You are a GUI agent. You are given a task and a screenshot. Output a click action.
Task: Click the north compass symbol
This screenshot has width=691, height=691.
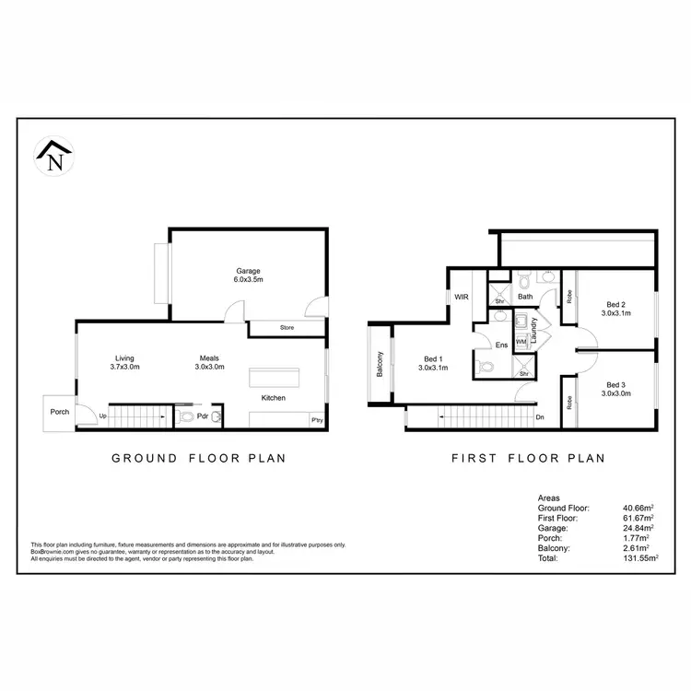pyautogui.click(x=54, y=158)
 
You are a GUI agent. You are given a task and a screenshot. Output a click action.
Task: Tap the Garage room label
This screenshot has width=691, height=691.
pyautogui.click(x=248, y=272)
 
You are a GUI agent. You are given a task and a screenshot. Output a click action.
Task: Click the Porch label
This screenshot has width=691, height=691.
pyautogui.click(x=60, y=411)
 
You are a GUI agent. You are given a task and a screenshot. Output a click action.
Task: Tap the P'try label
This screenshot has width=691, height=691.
pyautogui.click(x=316, y=421)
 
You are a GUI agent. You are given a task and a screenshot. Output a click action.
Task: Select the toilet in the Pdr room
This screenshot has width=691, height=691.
pyautogui.click(x=187, y=417)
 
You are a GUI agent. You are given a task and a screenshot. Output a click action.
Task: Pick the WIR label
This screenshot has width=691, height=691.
pyautogui.click(x=461, y=298)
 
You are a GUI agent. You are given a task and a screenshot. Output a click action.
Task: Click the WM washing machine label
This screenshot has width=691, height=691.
pyautogui.click(x=521, y=343)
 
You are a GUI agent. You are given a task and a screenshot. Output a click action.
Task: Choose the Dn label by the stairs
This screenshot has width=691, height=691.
pyautogui.click(x=541, y=418)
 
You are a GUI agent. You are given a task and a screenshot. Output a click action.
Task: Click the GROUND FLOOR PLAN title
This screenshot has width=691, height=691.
pyautogui.click(x=198, y=457)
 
